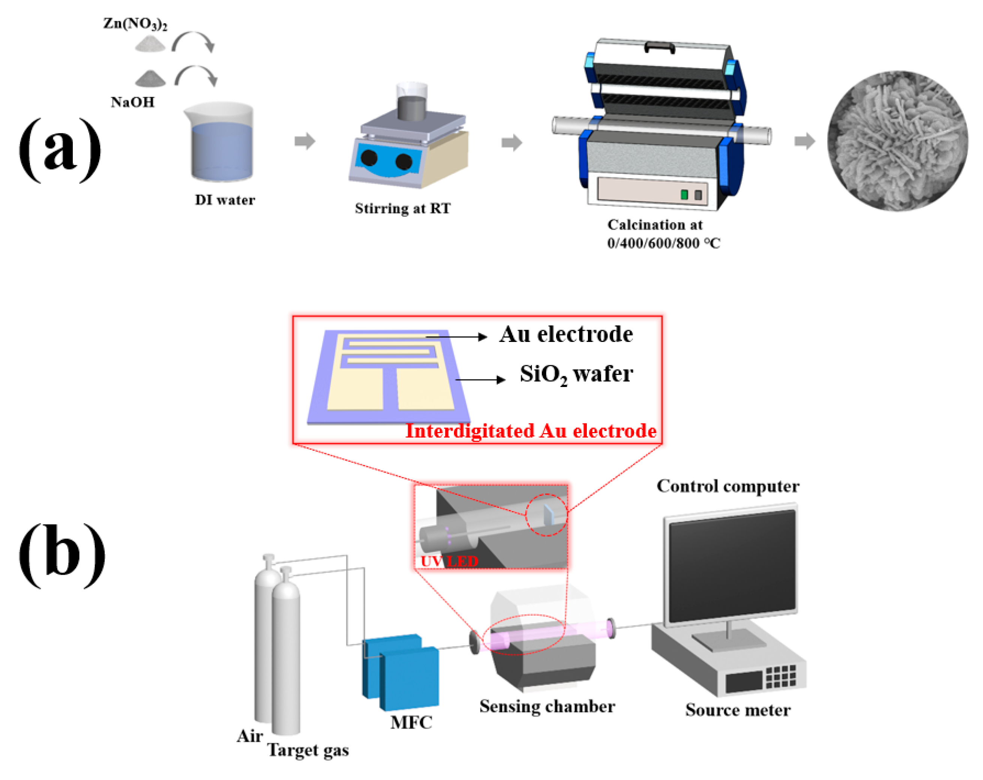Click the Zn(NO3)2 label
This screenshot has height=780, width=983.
click(135, 23)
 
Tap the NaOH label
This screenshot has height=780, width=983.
click(133, 102)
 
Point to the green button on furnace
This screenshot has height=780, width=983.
click(684, 195)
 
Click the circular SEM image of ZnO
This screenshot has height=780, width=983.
click(897, 141)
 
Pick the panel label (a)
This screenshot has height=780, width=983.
click(60, 151)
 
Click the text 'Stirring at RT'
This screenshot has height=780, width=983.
click(403, 208)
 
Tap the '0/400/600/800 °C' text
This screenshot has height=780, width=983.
click(663, 243)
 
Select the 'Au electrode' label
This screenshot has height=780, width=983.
click(566, 335)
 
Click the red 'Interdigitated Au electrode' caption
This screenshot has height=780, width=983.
click(531, 431)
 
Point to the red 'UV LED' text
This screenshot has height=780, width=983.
click(449, 562)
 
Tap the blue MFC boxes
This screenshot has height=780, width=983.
click(401, 673)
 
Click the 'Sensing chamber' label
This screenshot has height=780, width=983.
click(547, 706)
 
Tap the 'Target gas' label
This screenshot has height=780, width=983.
click(308, 750)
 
